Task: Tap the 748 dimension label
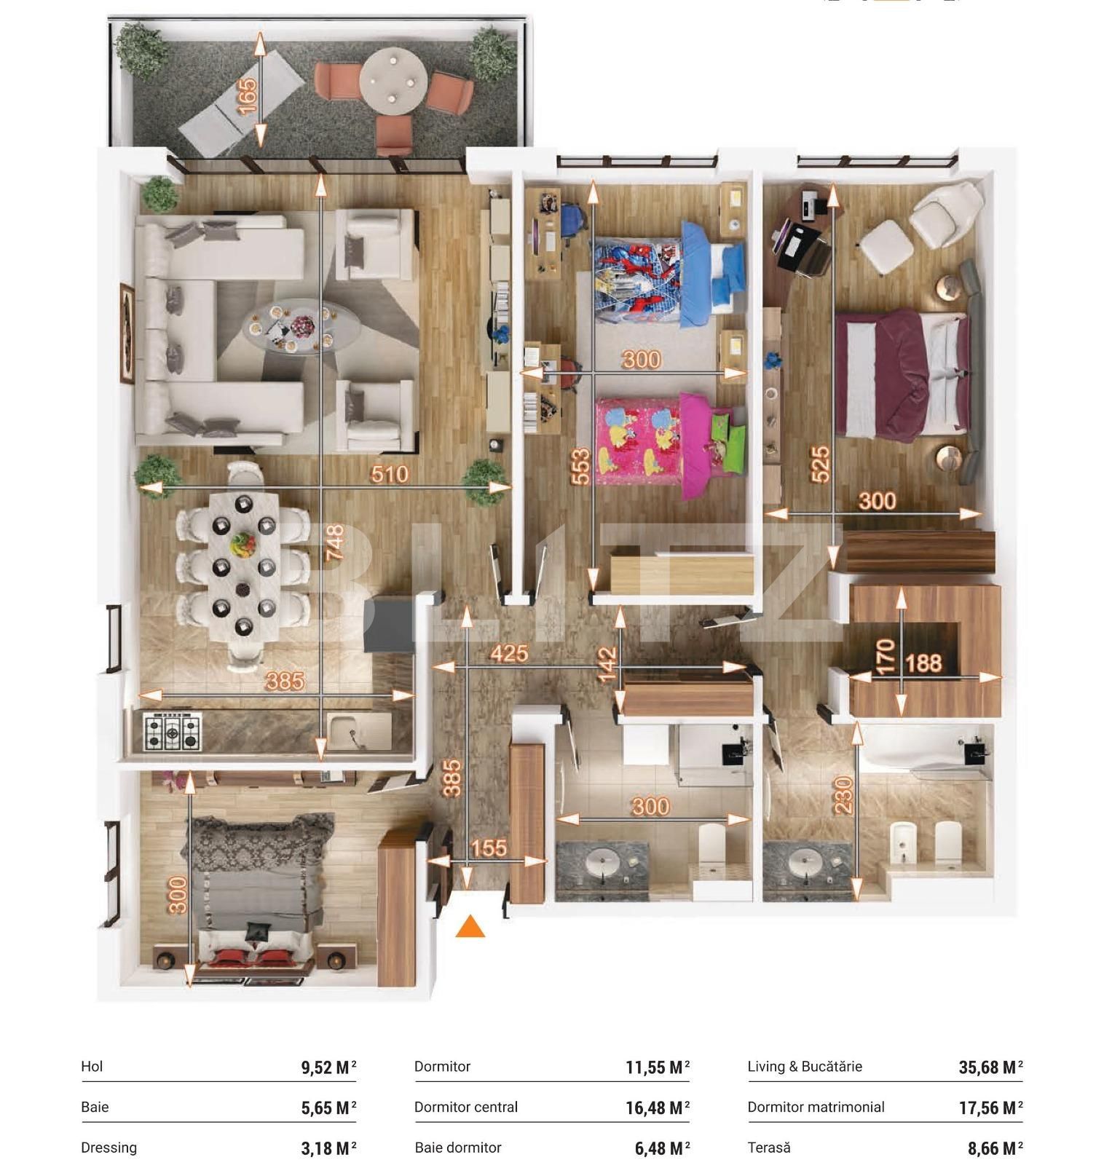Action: point(334,543)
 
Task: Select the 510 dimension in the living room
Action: point(390,475)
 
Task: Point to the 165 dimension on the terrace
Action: point(248,96)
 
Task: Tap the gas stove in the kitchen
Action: point(172,732)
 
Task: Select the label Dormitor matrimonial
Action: point(816,1107)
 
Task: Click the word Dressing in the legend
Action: point(109,1148)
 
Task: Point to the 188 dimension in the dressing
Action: point(924,663)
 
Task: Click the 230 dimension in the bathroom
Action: point(844,795)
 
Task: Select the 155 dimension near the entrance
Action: point(489,848)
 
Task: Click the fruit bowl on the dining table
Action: point(242,543)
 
